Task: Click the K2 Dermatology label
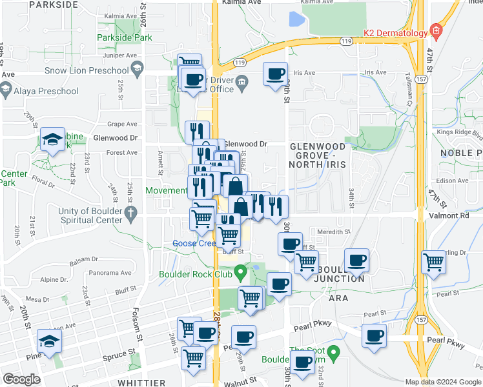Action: [395, 32]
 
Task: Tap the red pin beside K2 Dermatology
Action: [437, 30]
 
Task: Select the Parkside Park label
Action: [125, 37]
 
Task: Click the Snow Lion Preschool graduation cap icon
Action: [137, 68]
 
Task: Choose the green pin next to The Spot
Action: [333, 353]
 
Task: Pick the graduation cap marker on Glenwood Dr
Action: [52, 139]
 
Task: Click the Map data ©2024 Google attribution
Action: [443, 382]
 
